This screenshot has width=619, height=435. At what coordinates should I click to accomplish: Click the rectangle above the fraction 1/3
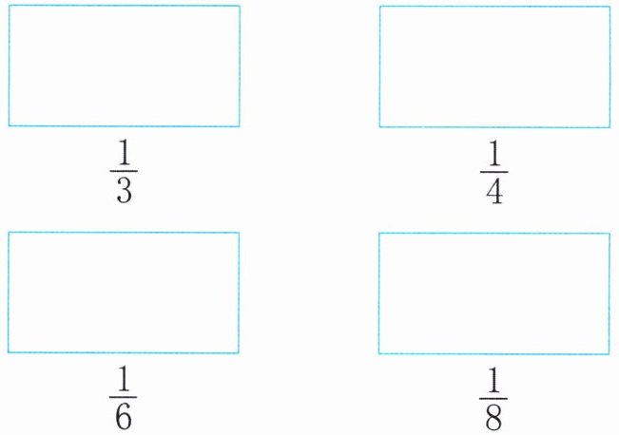(x=124, y=66)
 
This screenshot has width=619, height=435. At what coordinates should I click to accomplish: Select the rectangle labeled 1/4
(x=494, y=66)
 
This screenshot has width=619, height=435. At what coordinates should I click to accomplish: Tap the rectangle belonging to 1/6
(x=124, y=293)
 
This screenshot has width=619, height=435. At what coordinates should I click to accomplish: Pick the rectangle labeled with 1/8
(x=493, y=293)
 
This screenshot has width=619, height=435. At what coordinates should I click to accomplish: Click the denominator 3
(x=124, y=191)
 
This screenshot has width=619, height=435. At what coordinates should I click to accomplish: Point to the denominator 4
(x=494, y=191)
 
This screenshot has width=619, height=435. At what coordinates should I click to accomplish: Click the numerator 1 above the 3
(x=124, y=154)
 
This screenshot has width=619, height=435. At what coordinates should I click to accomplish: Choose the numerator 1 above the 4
(x=494, y=154)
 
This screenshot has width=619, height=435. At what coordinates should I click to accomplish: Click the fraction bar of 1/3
(x=124, y=172)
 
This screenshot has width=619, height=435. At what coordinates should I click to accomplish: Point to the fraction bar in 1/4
(x=494, y=172)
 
